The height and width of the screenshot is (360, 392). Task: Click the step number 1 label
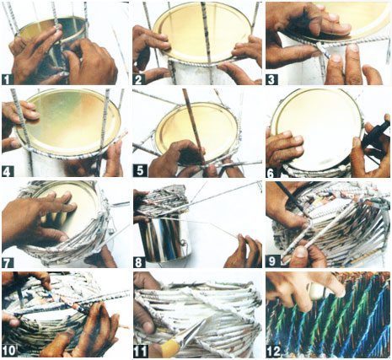click(8, 80)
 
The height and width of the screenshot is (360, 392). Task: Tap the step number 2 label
click(138, 80)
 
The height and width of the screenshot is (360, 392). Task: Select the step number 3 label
click(271, 79)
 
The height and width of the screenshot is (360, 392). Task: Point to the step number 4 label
click(8, 171)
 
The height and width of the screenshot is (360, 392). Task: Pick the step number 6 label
click(271, 173)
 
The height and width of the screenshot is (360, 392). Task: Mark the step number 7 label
click(8, 262)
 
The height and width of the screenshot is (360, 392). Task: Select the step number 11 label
click(141, 351)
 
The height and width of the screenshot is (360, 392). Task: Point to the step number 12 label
click(274, 351)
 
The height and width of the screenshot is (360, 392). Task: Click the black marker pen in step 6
click(376, 135)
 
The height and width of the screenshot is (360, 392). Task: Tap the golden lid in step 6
click(319, 126)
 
